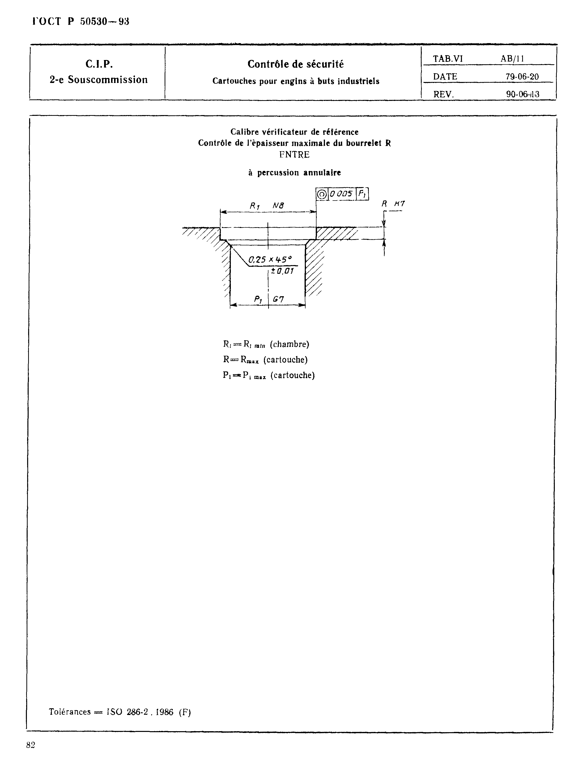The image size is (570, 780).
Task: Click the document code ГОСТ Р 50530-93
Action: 81,21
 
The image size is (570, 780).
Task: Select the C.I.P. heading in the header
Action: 99,64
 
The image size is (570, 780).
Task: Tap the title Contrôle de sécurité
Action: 296,64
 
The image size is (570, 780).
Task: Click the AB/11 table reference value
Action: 512,59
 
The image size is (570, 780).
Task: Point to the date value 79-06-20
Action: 522,77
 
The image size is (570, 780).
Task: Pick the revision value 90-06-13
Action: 522,94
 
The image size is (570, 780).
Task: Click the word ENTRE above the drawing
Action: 294,155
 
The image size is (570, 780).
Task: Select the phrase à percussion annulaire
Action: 294,173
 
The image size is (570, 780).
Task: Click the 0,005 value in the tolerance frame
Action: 341,194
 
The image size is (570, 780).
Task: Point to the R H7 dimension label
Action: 393,204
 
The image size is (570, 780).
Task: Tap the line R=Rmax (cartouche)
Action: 265,360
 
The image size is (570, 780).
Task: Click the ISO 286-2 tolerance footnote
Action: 120,712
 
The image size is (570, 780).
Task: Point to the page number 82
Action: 31,745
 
